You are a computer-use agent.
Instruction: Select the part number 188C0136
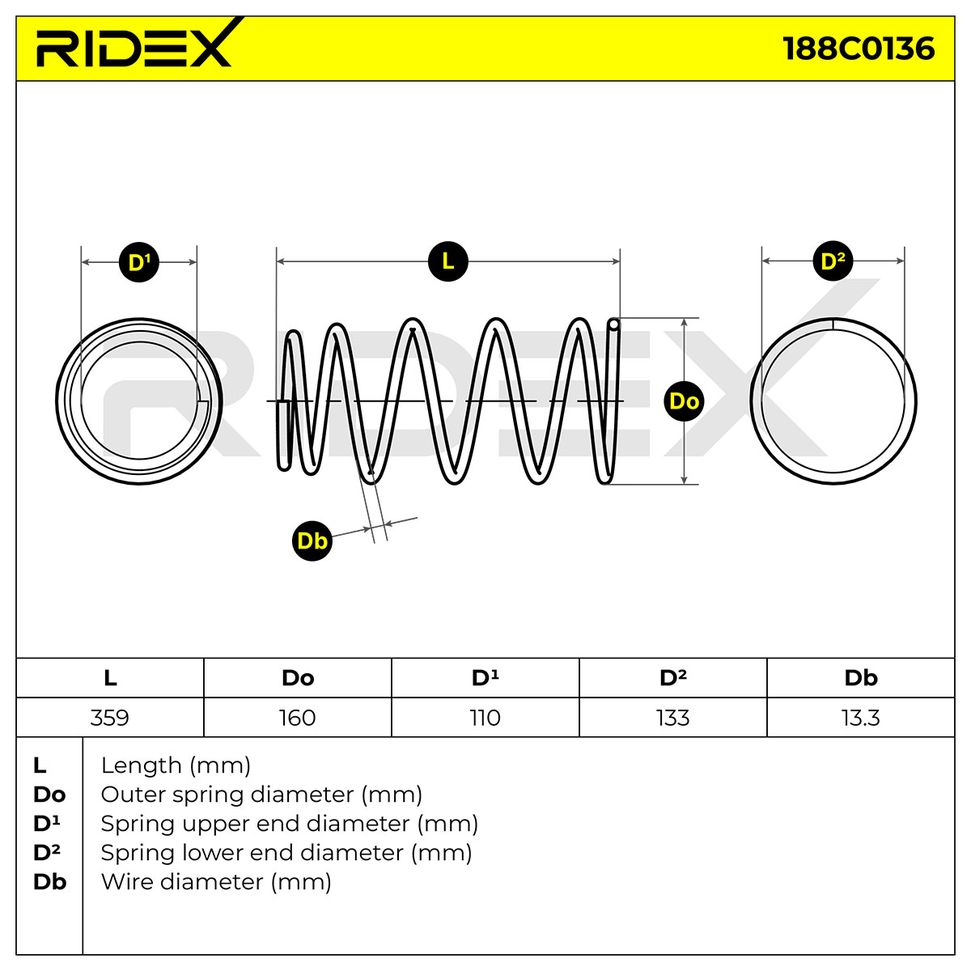(x=859, y=49)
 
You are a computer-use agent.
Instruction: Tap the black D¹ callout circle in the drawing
(x=139, y=262)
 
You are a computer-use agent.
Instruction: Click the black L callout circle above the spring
(x=448, y=261)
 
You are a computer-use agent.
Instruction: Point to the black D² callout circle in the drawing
(x=833, y=261)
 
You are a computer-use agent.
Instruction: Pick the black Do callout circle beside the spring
(x=685, y=401)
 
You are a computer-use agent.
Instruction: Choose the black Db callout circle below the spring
(x=312, y=541)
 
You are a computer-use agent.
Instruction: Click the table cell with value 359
(x=110, y=717)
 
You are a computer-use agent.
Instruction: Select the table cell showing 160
(x=297, y=717)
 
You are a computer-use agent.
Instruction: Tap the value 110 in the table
(x=485, y=717)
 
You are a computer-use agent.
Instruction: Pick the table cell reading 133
(x=672, y=717)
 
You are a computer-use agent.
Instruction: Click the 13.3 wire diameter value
(x=861, y=717)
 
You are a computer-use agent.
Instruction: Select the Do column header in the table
(x=298, y=678)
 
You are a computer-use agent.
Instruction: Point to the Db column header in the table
(x=861, y=678)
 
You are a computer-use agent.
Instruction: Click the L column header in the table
(x=110, y=678)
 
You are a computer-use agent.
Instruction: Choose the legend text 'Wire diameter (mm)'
(x=216, y=896)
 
